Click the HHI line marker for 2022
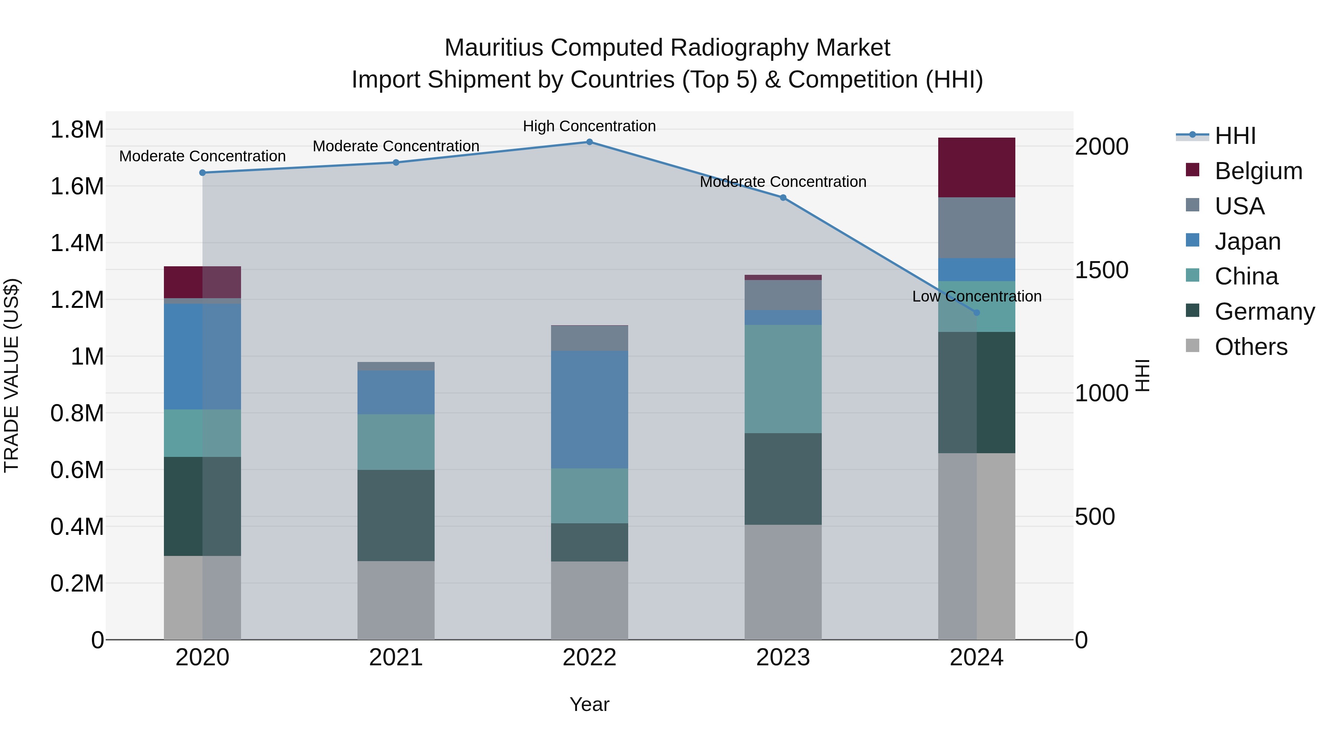click(x=589, y=142)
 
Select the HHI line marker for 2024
click(x=976, y=313)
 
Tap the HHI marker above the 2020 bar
click(x=202, y=172)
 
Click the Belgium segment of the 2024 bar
click(x=976, y=167)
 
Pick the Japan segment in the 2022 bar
click(x=589, y=409)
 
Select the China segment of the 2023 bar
click(x=782, y=379)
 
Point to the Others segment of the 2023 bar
click(x=782, y=582)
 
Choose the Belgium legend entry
click(x=1258, y=171)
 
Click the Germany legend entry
click(x=1265, y=312)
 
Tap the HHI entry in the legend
click(x=1235, y=136)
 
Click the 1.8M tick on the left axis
click(x=77, y=129)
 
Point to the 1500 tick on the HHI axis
click(x=1101, y=270)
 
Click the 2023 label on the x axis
click(x=782, y=658)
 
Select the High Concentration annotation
click(x=589, y=126)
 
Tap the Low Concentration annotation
click(x=976, y=296)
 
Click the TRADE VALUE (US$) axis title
click(x=11, y=375)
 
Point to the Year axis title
click(x=589, y=704)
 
